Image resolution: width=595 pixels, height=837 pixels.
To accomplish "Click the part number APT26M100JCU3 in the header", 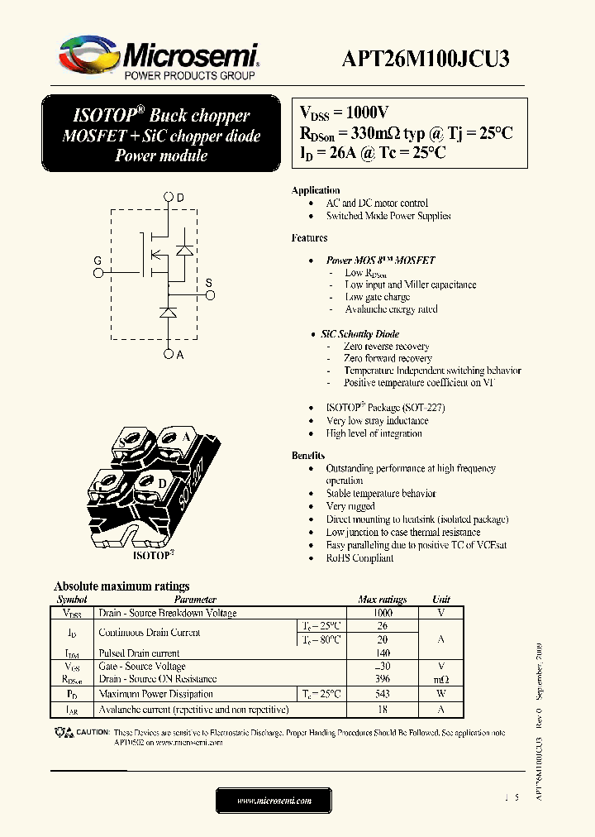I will [x=426, y=59].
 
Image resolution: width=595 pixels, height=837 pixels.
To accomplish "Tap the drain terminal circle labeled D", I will [x=169, y=197].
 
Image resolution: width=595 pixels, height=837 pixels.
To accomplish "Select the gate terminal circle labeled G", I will [x=98, y=270].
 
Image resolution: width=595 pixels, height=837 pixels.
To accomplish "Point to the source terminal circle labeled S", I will [x=209, y=294].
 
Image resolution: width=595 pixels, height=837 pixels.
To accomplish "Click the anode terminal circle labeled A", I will [x=169, y=354].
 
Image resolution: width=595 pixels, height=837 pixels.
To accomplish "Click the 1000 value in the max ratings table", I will [x=382, y=613].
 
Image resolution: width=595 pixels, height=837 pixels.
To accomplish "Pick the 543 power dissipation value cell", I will [x=382, y=694].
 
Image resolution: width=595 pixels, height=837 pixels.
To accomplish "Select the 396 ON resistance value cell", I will [x=382, y=679].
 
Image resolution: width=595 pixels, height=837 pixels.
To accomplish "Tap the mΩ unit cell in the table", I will [x=441, y=679].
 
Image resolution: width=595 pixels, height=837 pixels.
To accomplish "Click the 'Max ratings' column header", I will [x=382, y=600].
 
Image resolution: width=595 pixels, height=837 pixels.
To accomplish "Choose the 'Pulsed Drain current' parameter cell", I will [x=139, y=653].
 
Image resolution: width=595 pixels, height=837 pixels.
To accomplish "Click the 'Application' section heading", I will [x=316, y=190].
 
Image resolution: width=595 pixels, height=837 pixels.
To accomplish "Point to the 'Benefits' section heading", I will [x=308, y=456].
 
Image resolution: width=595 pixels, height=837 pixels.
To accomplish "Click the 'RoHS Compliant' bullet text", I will [x=359, y=558].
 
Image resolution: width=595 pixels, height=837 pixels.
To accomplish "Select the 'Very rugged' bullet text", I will [x=350, y=506].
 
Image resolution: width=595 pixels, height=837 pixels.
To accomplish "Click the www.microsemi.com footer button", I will [x=274, y=801].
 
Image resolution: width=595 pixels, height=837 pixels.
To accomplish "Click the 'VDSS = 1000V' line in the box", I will [x=344, y=113].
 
